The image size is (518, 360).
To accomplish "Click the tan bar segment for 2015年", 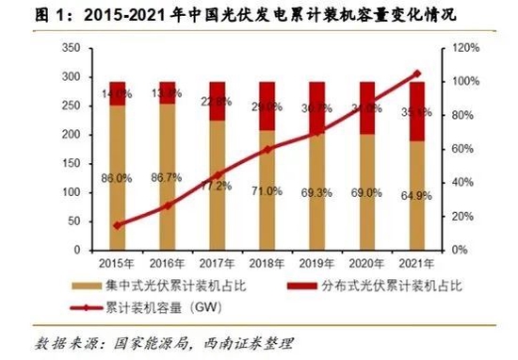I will point(117,177).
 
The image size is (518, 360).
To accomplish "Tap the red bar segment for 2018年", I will point(267,106).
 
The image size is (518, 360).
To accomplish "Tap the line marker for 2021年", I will point(418,73).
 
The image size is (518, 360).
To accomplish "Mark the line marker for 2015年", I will point(117,225).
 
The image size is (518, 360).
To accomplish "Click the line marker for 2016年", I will point(168,205).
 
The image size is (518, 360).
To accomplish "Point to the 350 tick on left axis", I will point(69,48).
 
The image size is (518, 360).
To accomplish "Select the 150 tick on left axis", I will point(69,164).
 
